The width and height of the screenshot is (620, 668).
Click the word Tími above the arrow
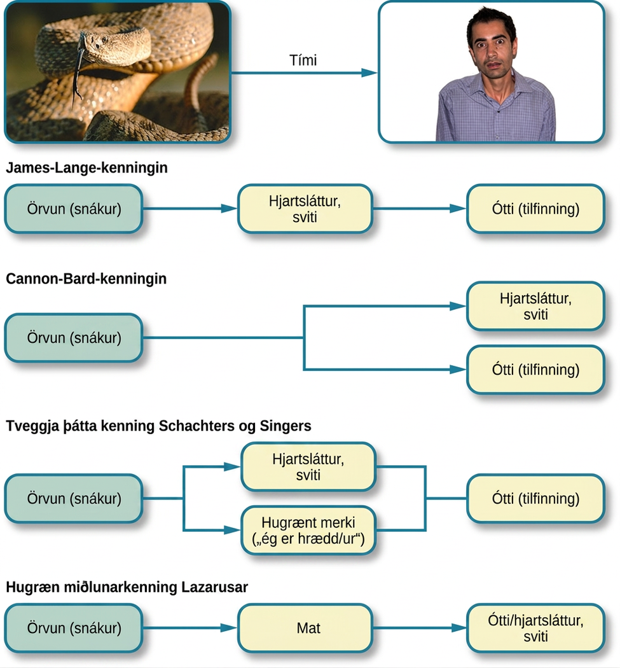coord(303,60)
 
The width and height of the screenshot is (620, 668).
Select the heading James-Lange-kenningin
coord(87,167)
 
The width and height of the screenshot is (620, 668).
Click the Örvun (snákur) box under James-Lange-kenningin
coord(74,209)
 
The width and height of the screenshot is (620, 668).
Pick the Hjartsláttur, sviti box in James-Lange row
coord(305,209)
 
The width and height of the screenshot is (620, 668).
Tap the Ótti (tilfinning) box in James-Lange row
coord(535,209)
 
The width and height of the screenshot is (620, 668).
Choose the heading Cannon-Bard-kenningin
coord(86,279)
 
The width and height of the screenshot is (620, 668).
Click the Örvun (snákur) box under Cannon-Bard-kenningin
coord(74,338)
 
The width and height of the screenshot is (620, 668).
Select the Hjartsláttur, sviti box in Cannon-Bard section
coord(535,306)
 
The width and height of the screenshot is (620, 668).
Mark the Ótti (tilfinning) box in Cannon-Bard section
coord(535,370)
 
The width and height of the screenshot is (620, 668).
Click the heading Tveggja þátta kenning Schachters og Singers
coord(158,426)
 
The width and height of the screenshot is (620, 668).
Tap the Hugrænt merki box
coord(308,531)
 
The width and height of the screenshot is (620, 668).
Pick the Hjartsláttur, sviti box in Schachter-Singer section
coord(308,467)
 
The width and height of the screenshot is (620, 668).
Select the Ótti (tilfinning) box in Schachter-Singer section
coord(535,498)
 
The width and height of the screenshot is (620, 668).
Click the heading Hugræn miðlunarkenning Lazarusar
coord(127,587)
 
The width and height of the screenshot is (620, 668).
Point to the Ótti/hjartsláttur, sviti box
coord(535,628)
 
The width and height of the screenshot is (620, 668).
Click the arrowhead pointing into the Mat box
coord(229,628)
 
